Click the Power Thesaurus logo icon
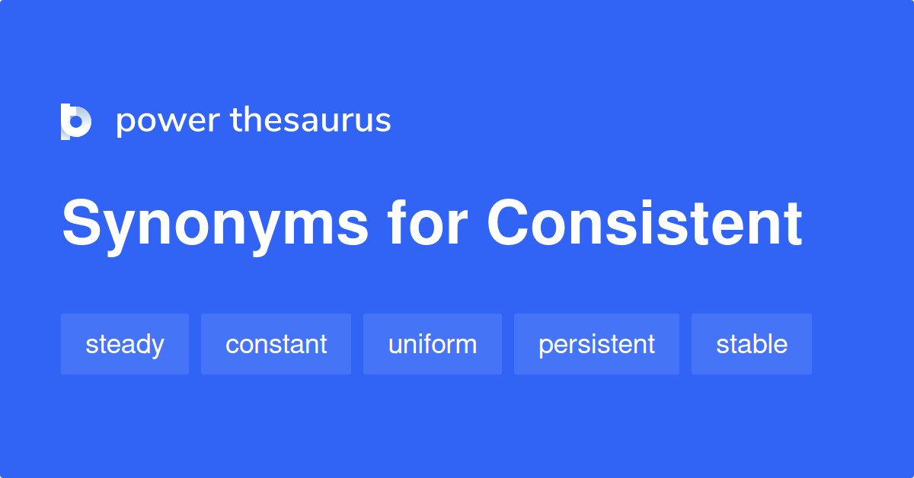76,122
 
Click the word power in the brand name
168,122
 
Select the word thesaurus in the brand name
311,120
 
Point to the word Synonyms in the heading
215,225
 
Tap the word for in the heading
427,223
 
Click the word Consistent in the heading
644,223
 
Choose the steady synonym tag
125,344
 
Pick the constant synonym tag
276,344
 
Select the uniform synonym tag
433,344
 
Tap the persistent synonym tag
596,344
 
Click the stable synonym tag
752,344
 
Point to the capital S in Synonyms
81,221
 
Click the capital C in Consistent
507,222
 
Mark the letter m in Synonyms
305,228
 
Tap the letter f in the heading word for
398,223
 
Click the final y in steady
157,347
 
